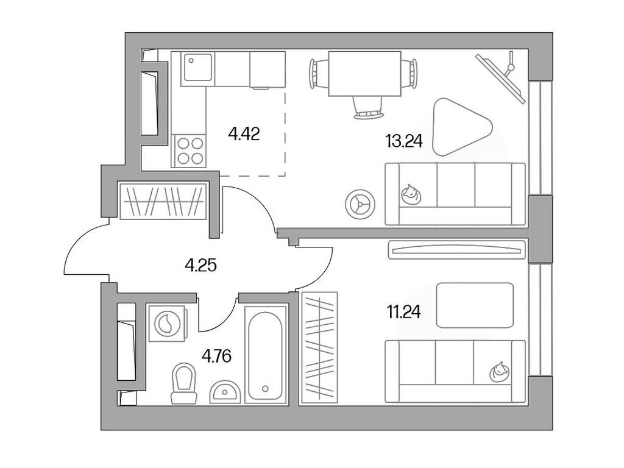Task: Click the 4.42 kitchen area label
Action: pos(244,133)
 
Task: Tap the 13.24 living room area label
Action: pos(403,142)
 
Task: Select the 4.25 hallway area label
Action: pos(201,265)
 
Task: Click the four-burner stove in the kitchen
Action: pos(189,150)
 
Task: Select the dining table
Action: pos(364,74)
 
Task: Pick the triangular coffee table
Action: pos(458,127)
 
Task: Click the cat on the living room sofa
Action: pos(410,194)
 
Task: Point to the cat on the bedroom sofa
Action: pos(500,370)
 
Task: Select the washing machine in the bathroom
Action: pos(167,323)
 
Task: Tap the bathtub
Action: pos(266,352)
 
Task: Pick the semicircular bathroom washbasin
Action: pos(226,393)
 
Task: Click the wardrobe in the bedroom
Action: pos(319,348)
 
